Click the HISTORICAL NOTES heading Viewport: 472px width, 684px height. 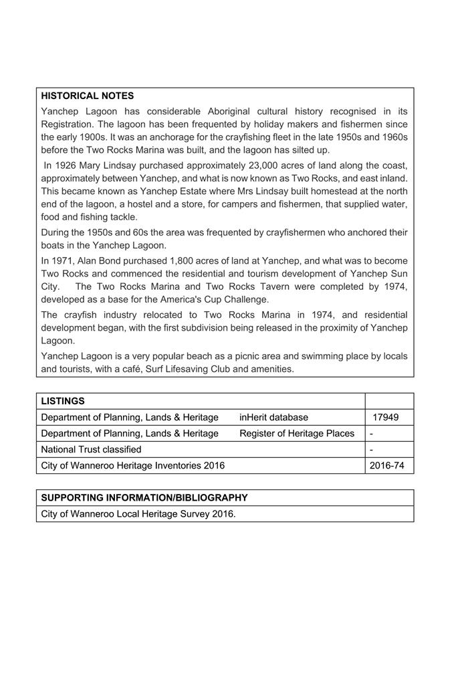pos(87,96)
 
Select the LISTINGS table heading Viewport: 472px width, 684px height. pos(63,401)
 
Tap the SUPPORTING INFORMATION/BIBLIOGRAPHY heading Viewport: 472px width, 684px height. pos(144,498)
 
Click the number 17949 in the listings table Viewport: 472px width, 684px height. pos(386,417)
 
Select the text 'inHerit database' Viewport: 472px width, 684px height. pos(273,417)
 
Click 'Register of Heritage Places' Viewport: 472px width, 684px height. pos(297,433)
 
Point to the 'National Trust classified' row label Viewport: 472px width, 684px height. pos(91,449)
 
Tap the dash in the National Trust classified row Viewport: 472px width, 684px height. pos(371,450)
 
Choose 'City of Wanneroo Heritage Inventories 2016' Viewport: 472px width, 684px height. pos(133,466)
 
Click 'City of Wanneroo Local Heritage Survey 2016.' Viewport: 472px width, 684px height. pos(138,514)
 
